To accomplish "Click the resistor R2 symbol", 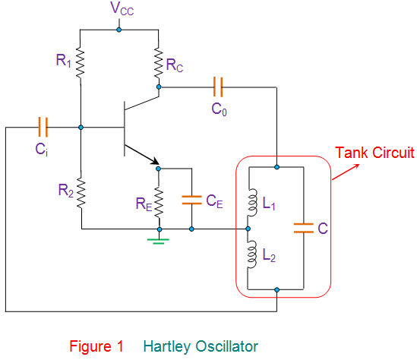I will click(81, 191).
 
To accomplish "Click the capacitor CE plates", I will click(191, 201).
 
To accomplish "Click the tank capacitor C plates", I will click(302, 227).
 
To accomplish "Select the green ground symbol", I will click(158, 242).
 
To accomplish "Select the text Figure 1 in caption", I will click(96, 346).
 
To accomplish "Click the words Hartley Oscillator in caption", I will click(200, 346).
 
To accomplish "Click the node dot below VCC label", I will click(119, 30).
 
